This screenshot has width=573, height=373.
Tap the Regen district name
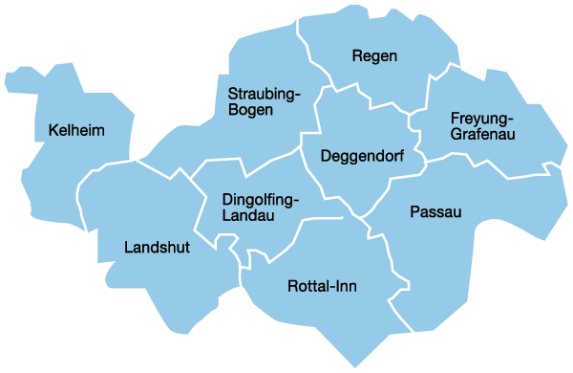tap(374, 56)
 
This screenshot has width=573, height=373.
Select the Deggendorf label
tap(362, 156)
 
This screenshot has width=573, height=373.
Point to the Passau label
tap(435, 211)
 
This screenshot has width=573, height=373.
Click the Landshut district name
tap(158, 248)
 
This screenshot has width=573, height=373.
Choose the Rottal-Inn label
tap(322, 286)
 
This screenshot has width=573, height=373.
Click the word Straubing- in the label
tap(265, 94)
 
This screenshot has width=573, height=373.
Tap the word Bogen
tap(250, 110)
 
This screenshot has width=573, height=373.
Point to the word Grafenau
tap(483, 135)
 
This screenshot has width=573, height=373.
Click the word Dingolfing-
tap(261, 200)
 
